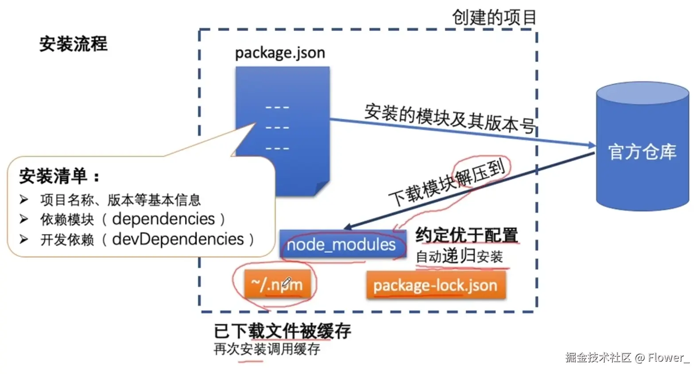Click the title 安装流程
pos(73,44)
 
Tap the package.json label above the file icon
pos(280,53)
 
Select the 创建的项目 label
pos(494,17)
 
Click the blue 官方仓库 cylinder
pos(642,146)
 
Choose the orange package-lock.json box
pos(436,285)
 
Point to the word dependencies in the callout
pos(163,219)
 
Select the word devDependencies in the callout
pos(178,239)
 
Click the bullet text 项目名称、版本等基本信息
pos(120,200)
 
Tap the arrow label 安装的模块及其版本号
pos(449,118)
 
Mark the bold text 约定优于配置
pos(467,235)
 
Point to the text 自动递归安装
pos(459,256)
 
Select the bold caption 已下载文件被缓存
pos(282,331)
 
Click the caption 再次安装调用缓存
pos(267,349)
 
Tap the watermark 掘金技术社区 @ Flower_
pos(627,358)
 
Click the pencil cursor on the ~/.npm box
pos(286,282)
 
